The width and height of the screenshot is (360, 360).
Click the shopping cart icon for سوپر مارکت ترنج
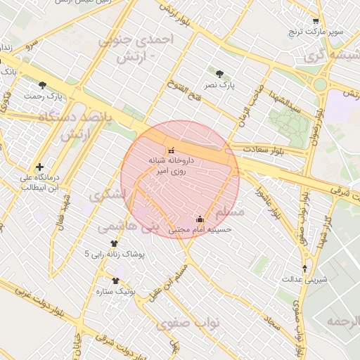coord(316,22)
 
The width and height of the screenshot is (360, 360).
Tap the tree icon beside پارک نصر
coord(220,73)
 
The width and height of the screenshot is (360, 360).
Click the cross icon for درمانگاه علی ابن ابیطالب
coord(39,167)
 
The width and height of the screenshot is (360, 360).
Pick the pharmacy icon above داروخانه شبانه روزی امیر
coord(171,150)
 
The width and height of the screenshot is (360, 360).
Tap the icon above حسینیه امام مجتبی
coord(200,219)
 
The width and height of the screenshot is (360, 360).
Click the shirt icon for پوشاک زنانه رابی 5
coord(114,243)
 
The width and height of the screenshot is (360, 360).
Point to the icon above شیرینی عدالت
coord(304,269)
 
